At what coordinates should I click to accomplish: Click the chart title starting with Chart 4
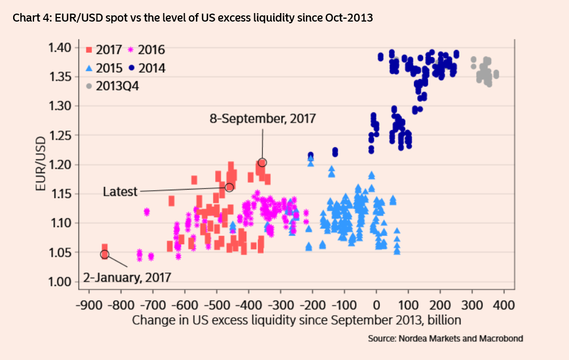pyautogui.click(x=193, y=18)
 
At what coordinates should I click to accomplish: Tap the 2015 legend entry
pyautogui.click(x=104, y=68)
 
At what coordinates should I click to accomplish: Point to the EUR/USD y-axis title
pyautogui.click(x=40, y=165)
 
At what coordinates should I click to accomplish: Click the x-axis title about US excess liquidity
pyautogui.click(x=296, y=320)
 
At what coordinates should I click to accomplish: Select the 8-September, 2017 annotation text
pyautogui.click(x=262, y=119)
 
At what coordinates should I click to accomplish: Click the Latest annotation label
pyautogui.click(x=120, y=192)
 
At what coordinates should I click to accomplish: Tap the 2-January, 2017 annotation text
pyautogui.click(x=127, y=278)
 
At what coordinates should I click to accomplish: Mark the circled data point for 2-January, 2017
pyautogui.click(x=104, y=254)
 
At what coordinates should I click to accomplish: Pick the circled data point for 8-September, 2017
pyautogui.click(x=262, y=162)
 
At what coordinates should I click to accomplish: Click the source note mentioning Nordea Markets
pyautogui.click(x=445, y=338)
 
